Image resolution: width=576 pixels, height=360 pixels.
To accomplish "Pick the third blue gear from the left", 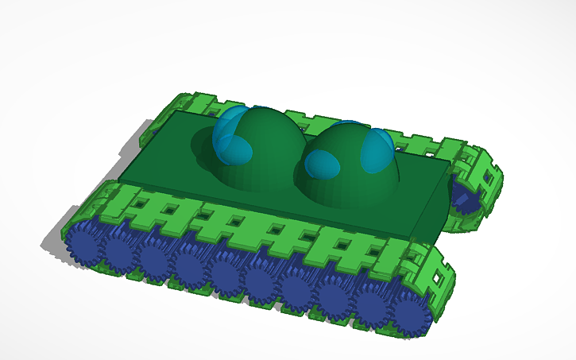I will [154, 260].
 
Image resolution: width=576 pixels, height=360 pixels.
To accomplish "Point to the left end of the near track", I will [68, 234].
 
